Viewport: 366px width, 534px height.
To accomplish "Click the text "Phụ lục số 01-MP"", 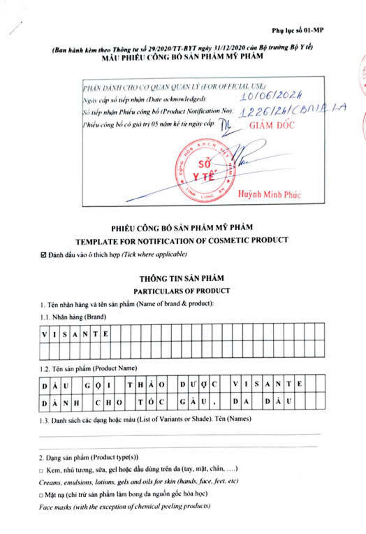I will [x=297, y=30].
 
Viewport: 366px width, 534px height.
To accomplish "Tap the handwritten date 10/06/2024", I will [x=271, y=96].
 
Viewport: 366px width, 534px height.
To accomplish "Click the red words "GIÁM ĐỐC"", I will [x=271, y=125].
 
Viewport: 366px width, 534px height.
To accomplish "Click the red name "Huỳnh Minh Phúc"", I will [x=269, y=194].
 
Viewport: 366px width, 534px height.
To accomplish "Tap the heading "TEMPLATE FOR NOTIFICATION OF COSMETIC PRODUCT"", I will [x=182, y=241].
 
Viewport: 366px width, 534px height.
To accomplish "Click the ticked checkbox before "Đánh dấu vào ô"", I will [x=43, y=255].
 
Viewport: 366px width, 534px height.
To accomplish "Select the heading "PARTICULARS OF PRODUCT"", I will [x=181, y=291].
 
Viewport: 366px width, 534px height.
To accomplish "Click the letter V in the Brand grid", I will [x=45, y=334].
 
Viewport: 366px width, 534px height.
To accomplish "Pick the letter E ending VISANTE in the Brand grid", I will [x=106, y=334].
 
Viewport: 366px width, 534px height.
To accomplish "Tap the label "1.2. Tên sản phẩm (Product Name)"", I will [x=88, y=369].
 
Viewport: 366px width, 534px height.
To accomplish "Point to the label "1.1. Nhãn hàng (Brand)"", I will [x=73, y=317].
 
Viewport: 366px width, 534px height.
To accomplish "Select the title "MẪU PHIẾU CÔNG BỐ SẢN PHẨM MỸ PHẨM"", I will [x=182, y=57].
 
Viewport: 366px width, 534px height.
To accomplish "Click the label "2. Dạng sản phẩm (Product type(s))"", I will [x=88, y=457].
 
